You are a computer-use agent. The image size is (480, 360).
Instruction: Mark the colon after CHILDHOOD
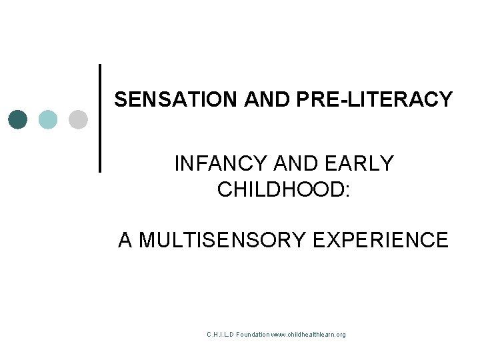pyautogui.click(x=345, y=190)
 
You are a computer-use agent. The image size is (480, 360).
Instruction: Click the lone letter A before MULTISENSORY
pyautogui.click(x=125, y=239)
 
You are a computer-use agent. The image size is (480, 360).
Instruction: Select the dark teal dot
pyautogui.click(x=19, y=119)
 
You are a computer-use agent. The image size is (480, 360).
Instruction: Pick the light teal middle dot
pyautogui.click(x=48, y=119)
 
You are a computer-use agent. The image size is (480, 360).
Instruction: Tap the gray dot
pyautogui.click(x=78, y=119)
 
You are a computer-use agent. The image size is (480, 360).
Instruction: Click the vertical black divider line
pyautogui.click(x=99, y=118)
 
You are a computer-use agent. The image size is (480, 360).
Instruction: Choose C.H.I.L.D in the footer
pyautogui.click(x=223, y=334)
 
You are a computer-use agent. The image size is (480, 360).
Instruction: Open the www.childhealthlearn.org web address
pyautogui.click(x=309, y=334)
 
